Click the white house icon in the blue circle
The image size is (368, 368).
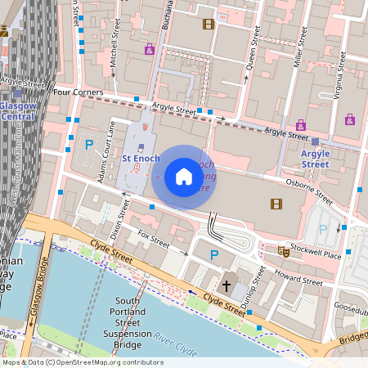(x=184, y=177)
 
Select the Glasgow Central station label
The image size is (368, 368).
(x=17, y=110)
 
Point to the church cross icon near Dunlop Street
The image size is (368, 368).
(x=228, y=285)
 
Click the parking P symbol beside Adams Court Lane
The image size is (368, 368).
(x=89, y=145)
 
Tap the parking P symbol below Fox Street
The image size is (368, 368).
(x=214, y=256)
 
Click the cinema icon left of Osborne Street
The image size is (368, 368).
(x=276, y=204)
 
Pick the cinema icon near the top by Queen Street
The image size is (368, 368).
(x=209, y=24)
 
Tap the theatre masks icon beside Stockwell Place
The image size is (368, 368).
(x=283, y=250)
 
